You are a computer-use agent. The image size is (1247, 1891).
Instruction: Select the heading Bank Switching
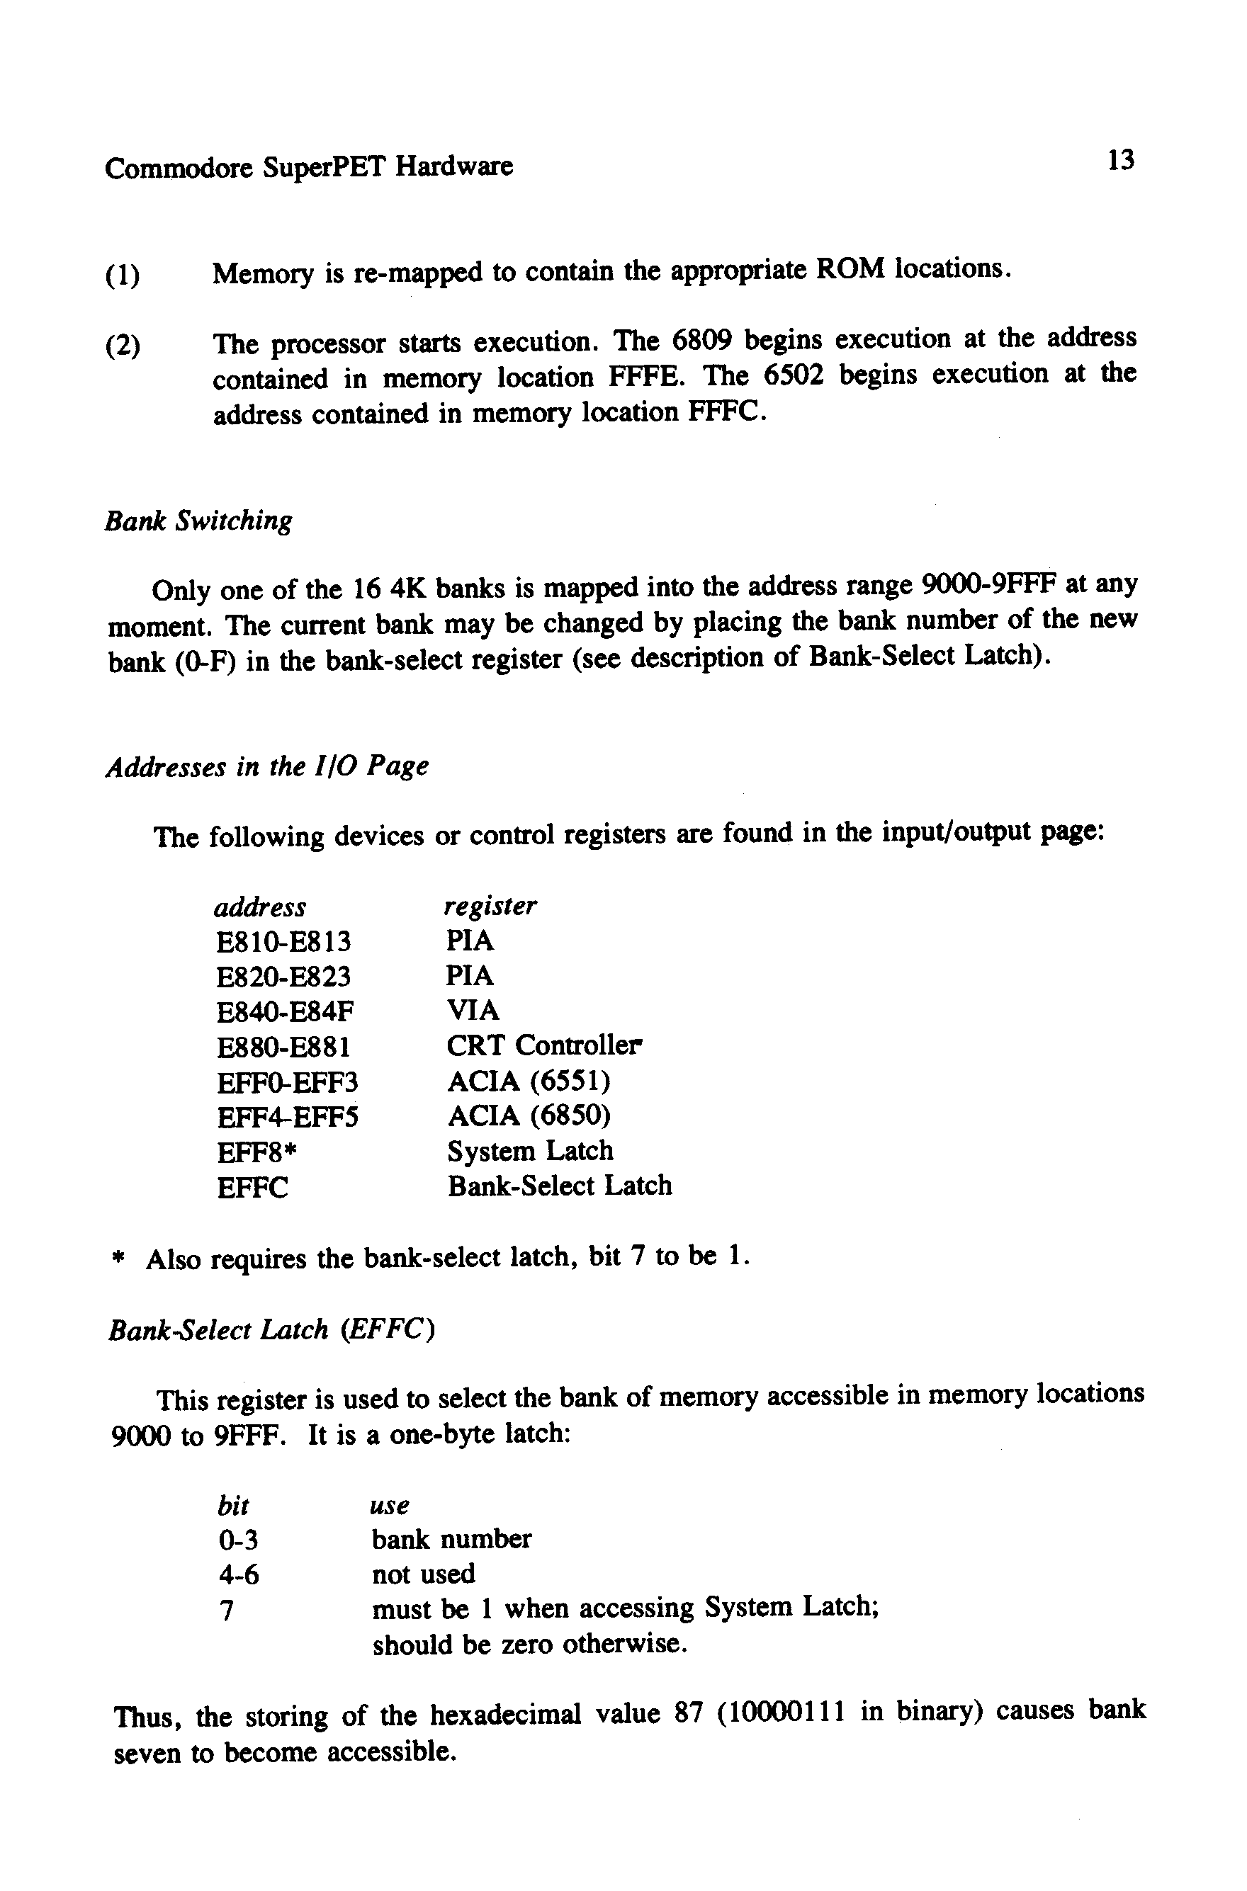click(199, 521)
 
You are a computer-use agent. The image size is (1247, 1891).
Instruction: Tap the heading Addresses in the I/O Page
click(267, 767)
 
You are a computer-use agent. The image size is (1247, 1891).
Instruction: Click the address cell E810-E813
click(283, 943)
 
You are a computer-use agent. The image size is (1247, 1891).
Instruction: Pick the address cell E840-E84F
click(286, 1013)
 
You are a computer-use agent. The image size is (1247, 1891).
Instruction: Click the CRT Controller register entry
click(544, 1046)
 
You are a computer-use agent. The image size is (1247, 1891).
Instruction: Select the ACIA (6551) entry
click(529, 1081)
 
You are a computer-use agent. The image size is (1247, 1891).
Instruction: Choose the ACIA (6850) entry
click(529, 1117)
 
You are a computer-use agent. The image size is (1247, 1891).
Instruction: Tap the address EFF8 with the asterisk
click(256, 1152)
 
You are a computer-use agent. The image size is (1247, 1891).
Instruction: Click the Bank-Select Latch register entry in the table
click(559, 1187)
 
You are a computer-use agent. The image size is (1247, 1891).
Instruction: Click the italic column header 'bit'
click(233, 1506)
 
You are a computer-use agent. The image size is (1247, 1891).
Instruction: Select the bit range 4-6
click(238, 1575)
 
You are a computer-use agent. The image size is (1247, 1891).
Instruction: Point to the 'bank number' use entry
click(451, 1540)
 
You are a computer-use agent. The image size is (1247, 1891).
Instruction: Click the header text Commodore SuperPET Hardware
click(309, 168)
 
